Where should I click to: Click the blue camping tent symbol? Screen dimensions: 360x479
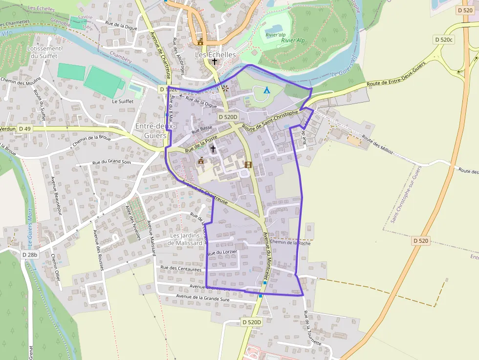pos(266,90)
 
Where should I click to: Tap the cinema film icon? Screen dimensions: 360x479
pos(248,165)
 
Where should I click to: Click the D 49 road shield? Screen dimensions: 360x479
pos(24,128)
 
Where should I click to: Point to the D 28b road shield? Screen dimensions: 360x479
pos(29,255)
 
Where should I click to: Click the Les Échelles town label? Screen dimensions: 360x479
pos(215,55)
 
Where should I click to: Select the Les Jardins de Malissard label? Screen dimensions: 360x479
pos(185,239)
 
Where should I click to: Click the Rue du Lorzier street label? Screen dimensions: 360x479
pos(222,252)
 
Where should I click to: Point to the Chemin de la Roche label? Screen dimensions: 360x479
pos(290,242)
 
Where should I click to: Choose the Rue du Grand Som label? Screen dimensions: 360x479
pos(112,162)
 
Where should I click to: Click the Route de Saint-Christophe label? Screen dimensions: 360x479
pos(270,120)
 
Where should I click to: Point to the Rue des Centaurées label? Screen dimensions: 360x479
pos(181,268)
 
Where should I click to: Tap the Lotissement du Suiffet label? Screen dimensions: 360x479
pos(44,52)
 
